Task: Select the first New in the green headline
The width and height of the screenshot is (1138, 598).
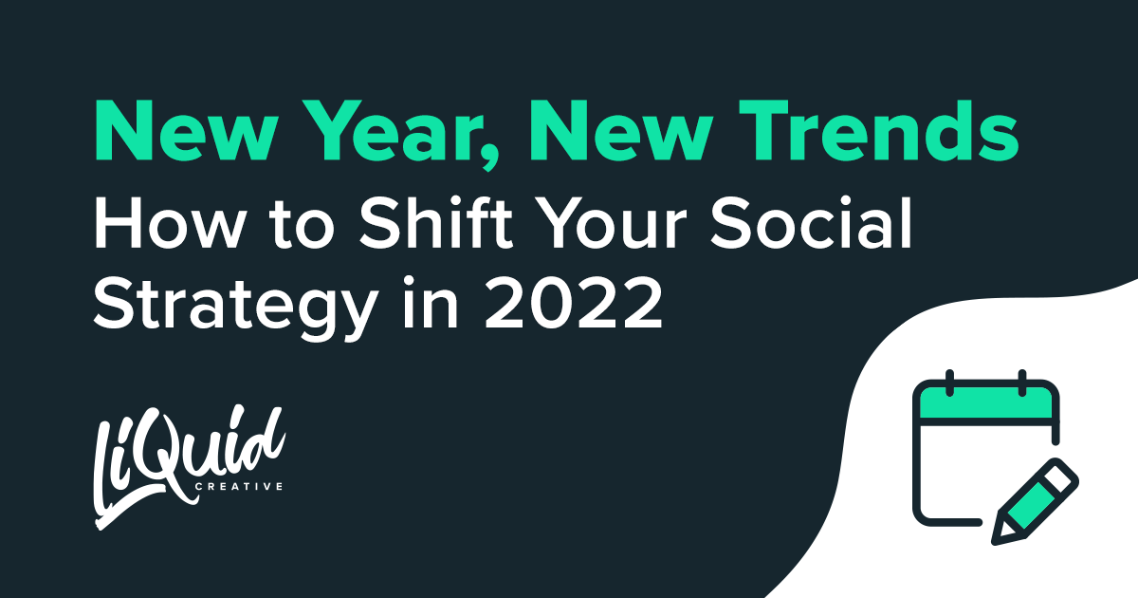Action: click(x=186, y=131)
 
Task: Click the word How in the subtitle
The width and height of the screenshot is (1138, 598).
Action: click(x=168, y=223)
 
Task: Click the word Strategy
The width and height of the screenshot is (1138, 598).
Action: click(x=235, y=307)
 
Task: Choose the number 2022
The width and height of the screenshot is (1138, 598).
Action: click(x=574, y=304)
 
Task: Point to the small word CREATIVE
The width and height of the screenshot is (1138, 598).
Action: click(x=239, y=487)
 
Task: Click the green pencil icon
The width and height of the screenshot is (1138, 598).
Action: click(x=1035, y=502)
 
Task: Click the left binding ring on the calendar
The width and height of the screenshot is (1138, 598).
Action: click(x=949, y=383)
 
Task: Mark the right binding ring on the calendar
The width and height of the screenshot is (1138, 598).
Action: click(x=1022, y=383)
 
